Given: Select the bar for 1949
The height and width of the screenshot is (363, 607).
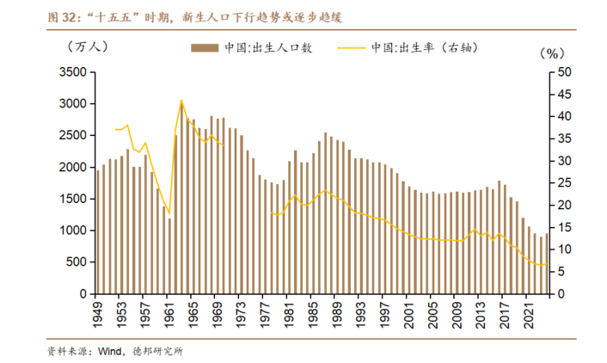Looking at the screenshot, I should tap(98, 231).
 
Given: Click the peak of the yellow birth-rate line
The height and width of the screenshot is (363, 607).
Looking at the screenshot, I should tap(181, 101).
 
